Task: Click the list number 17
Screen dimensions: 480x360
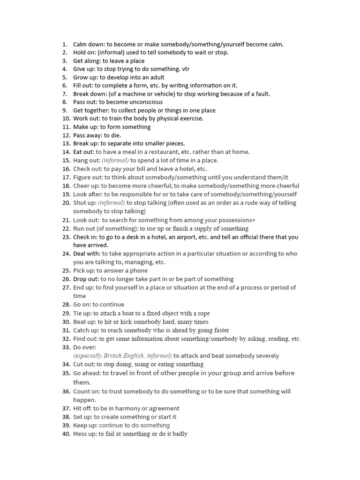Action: [66, 177]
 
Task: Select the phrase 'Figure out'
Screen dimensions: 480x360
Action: [88, 177]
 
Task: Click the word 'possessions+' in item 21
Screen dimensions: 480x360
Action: [233, 220]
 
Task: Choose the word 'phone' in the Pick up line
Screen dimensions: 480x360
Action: [139, 270]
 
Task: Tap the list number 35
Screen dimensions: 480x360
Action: [66, 373]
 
